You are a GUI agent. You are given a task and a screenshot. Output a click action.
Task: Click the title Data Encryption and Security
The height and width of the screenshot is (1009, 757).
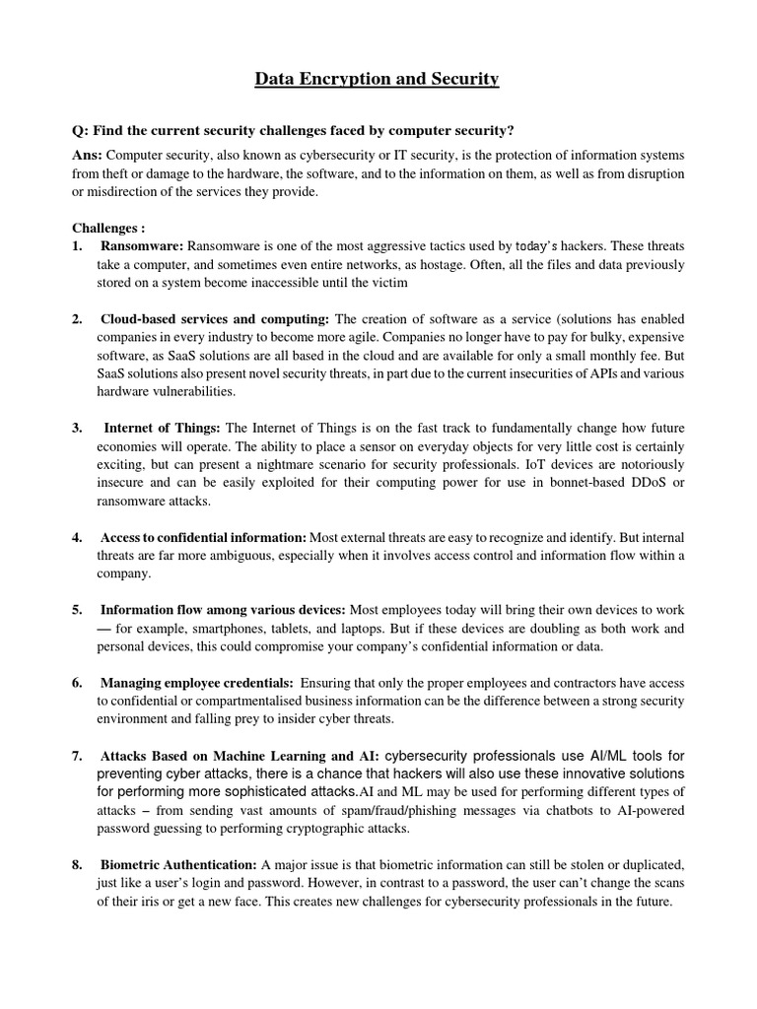(378, 79)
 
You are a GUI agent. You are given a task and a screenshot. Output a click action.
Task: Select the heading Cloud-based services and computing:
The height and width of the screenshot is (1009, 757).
(216, 319)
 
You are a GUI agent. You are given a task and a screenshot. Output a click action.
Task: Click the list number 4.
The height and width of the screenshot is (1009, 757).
(77, 537)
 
